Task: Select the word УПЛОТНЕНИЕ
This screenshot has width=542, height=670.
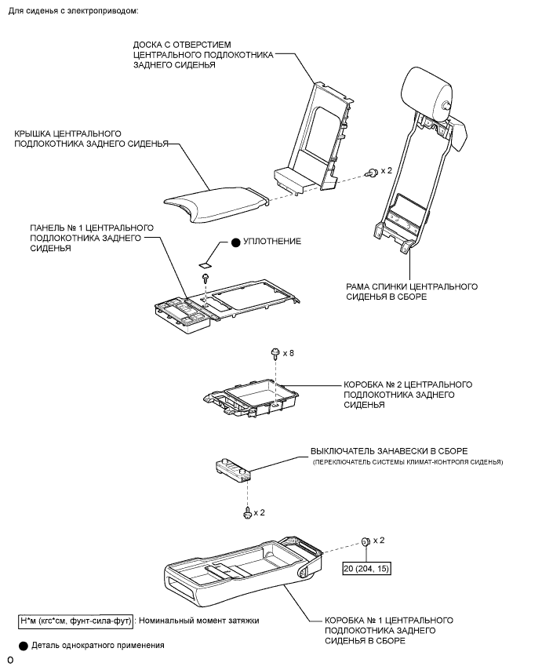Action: click(273, 242)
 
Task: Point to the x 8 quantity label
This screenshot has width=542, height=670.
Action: click(289, 353)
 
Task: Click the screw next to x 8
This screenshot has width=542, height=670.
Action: click(275, 354)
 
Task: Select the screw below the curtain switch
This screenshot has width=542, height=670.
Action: click(248, 512)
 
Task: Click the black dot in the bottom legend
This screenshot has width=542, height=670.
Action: click(24, 646)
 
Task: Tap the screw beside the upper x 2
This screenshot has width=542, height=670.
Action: click(369, 171)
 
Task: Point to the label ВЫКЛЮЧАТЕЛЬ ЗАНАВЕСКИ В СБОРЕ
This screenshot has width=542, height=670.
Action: click(389, 451)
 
